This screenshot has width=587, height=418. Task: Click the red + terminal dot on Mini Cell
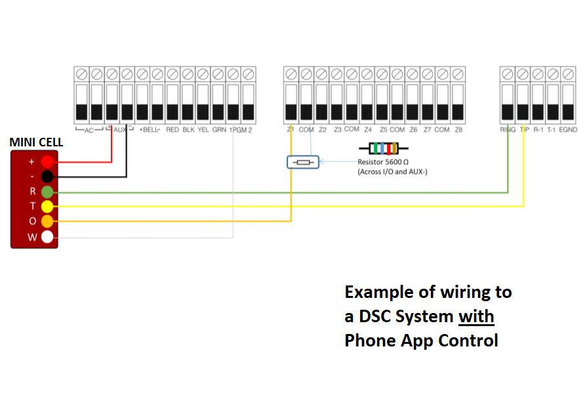[47, 161]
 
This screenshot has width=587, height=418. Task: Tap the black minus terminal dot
[47, 177]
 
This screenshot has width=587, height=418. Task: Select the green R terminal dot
[47, 192]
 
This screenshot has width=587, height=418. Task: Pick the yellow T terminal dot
[47, 207]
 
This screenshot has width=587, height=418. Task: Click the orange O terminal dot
[47, 222]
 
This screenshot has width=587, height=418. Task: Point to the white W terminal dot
[47, 237]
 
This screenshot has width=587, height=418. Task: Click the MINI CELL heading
[37, 142]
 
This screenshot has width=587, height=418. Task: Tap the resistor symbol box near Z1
[302, 162]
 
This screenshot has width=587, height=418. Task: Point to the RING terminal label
[508, 130]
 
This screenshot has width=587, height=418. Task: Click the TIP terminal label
[523, 130]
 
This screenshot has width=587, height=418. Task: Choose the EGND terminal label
[569, 130]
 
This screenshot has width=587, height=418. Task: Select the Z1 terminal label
[291, 130]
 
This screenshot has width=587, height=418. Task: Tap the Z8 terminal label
[458, 130]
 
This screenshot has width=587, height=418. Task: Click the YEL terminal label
[203, 130]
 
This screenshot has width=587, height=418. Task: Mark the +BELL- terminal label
[150, 130]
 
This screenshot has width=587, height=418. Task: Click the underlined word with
[476, 316]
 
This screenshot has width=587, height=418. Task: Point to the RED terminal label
[172, 130]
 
